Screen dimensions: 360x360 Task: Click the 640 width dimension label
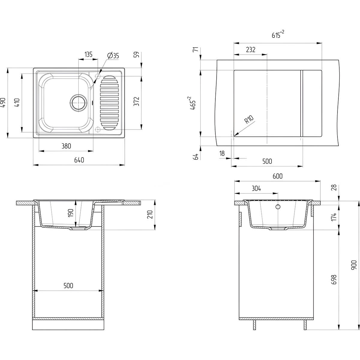(x=79, y=160)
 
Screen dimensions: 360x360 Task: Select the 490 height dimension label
(x=4, y=102)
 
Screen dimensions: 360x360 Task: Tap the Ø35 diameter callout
(x=113, y=55)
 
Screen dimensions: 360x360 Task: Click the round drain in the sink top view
(x=79, y=103)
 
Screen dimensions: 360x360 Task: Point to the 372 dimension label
(x=136, y=101)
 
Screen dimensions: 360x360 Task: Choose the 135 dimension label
(x=88, y=54)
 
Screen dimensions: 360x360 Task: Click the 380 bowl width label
(x=66, y=146)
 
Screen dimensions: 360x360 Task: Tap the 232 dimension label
(x=250, y=49)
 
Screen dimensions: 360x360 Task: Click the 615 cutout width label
(x=278, y=34)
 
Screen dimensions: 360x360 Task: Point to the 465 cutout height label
(x=193, y=103)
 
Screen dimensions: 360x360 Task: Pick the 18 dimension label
(x=222, y=153)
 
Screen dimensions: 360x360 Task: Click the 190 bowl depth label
(x=71, y=213)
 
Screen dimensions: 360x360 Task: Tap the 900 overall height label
(x=354, y=265)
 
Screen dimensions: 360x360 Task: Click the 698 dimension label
(x=334, y=280)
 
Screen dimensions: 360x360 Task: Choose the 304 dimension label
(x=256, y=188)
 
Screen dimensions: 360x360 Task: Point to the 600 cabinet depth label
(x=277, y=176)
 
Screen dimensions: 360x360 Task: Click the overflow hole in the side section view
(x=278, y=207)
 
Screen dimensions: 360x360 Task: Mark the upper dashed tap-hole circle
(x=98, y=76)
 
